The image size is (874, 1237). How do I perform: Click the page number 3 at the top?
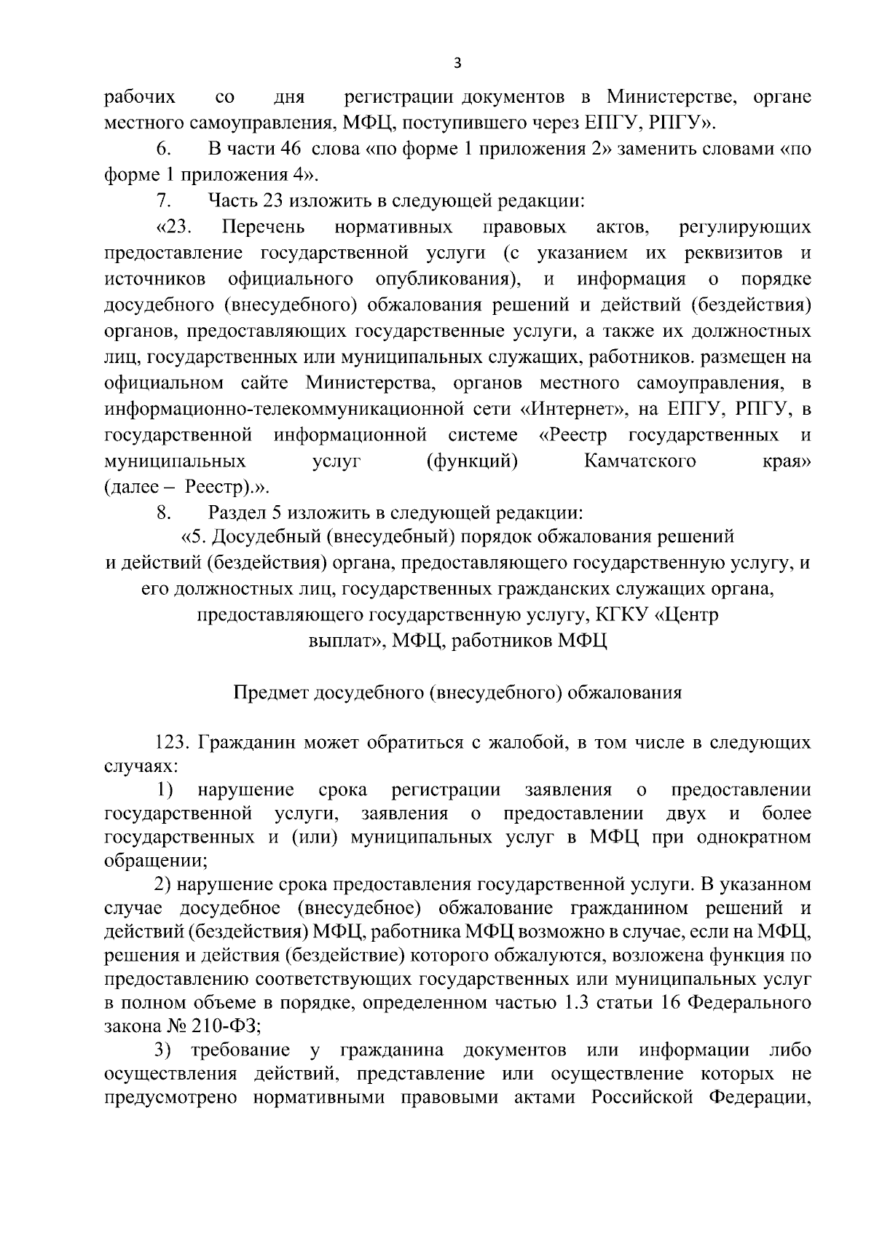(457, 63)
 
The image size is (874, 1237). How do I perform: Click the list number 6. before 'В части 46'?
(163, 149)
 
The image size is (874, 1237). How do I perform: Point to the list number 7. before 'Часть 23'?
(163, 200)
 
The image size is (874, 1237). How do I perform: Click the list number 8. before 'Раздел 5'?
(163, 513)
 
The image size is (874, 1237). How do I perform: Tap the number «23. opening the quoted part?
(173, 227)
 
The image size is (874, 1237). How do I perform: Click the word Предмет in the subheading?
(269, 692)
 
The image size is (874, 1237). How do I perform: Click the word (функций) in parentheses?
(472, 461)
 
